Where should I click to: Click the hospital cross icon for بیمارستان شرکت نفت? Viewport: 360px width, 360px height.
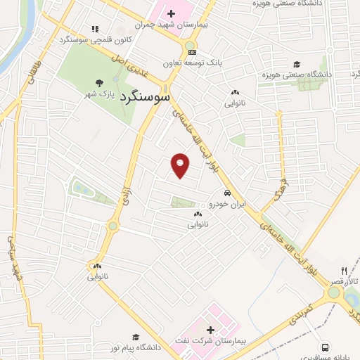(x=210, y=330)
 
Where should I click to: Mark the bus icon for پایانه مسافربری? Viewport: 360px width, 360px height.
(x=324, y=347)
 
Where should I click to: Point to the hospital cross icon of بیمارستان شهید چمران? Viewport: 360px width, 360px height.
(x=171, y=13)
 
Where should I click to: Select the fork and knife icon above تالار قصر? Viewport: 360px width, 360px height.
(x=344, y=271)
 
